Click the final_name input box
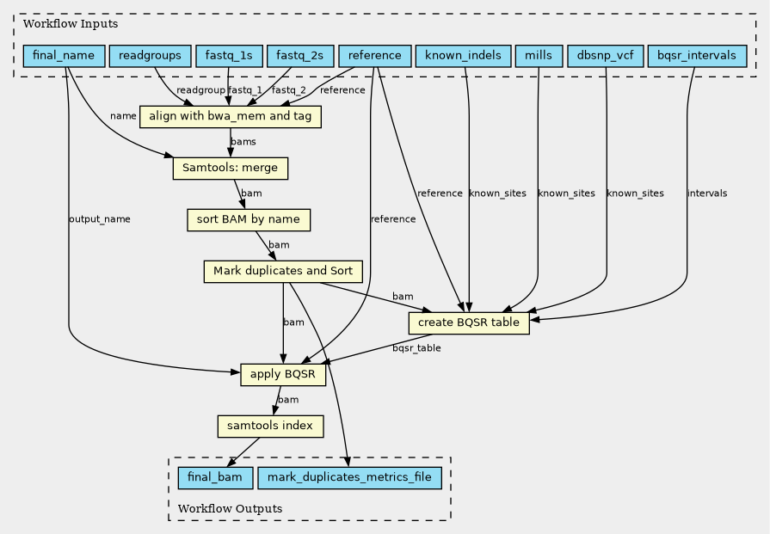(64, 56)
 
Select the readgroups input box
(150, 56)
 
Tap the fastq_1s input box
(230, 56)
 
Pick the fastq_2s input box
(300, 56)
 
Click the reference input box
(375, 56)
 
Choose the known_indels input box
(464, 56)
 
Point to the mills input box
(539, 56)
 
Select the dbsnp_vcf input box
(606, 56)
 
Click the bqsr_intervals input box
(698, 56)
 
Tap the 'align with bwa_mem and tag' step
(231, 117)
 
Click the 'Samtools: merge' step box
(231, 169)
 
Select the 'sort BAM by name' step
(249, 220)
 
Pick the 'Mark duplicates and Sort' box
(283, 272)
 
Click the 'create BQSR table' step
(469, 323)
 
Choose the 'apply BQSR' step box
(283, 374)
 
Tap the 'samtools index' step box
(271, 426)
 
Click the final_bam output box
(215, 477)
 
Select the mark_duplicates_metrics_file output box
(349, 477)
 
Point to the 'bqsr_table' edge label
(416, 348)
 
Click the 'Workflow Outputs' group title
(230, 508)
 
